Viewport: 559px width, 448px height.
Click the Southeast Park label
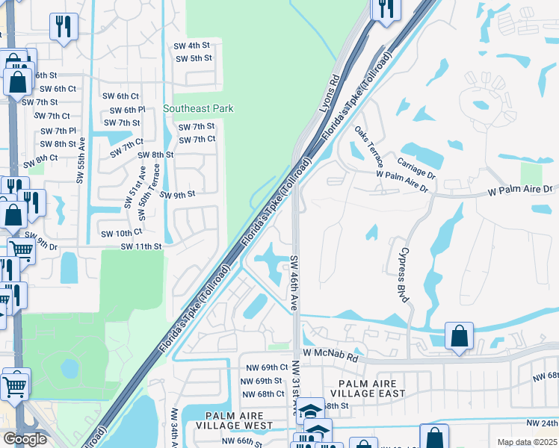198,109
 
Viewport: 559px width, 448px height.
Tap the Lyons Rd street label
330,93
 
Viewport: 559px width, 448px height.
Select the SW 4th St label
191,45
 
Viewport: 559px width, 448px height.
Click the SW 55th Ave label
80,159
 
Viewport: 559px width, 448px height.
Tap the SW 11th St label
141,246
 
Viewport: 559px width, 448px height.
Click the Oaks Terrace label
370,146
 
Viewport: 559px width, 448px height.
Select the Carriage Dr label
416,168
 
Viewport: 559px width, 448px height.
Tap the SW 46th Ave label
294,283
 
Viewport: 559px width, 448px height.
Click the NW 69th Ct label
267,367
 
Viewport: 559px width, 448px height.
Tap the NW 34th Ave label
174,428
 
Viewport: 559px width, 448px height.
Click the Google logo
25,439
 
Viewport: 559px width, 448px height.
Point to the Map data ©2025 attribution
527,442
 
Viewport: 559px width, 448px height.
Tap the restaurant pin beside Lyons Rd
386,9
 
